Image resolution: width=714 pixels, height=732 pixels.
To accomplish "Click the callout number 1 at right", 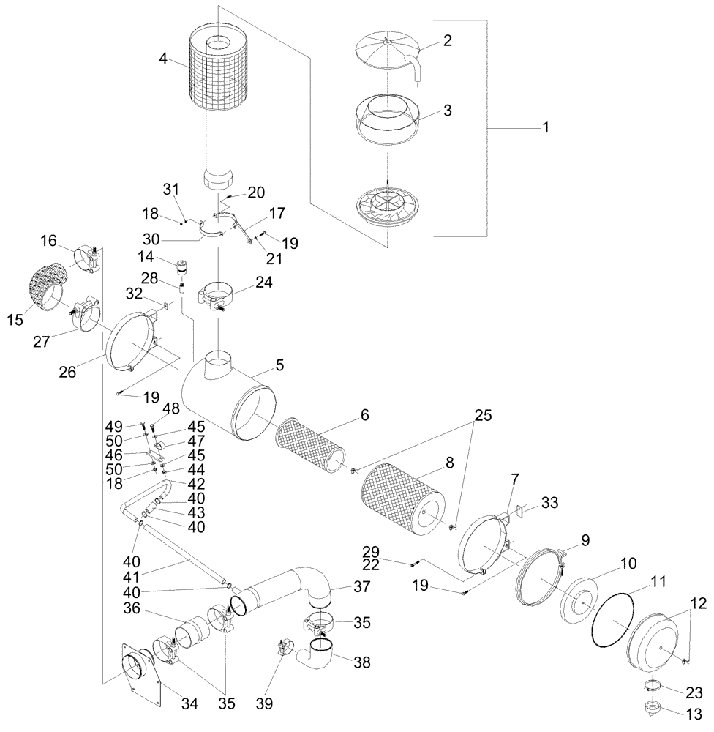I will (545, 127).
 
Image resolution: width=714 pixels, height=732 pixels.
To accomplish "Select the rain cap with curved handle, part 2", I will (386, 51).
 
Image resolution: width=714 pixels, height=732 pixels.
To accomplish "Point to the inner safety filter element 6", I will (309, 446).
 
